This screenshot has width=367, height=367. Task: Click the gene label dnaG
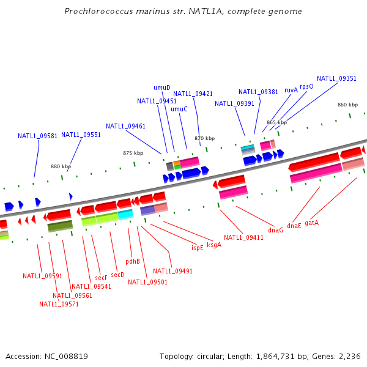tap(275, 230)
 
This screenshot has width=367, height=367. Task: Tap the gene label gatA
tap(311, 223)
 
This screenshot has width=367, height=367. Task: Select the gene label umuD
tap(161, 87)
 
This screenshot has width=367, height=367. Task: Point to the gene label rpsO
tap(306, 87)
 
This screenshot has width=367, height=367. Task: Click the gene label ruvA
tap(291, 90)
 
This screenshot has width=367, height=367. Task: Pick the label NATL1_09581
tap(37, 136)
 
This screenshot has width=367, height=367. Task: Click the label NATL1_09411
tap(243, 237)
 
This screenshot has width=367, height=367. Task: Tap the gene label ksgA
tap(214, 245)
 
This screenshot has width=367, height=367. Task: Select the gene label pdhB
tap(133, 261)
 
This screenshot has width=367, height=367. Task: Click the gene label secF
tap(101, 278)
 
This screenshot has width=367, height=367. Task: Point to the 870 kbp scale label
tap(205, 138)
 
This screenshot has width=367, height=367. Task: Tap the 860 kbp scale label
tap(347, 105)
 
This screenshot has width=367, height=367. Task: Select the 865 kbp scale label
tap(276, 122)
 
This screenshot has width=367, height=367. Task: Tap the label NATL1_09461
tap(125, 126)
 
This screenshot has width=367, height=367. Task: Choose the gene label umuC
tap(179, 109)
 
